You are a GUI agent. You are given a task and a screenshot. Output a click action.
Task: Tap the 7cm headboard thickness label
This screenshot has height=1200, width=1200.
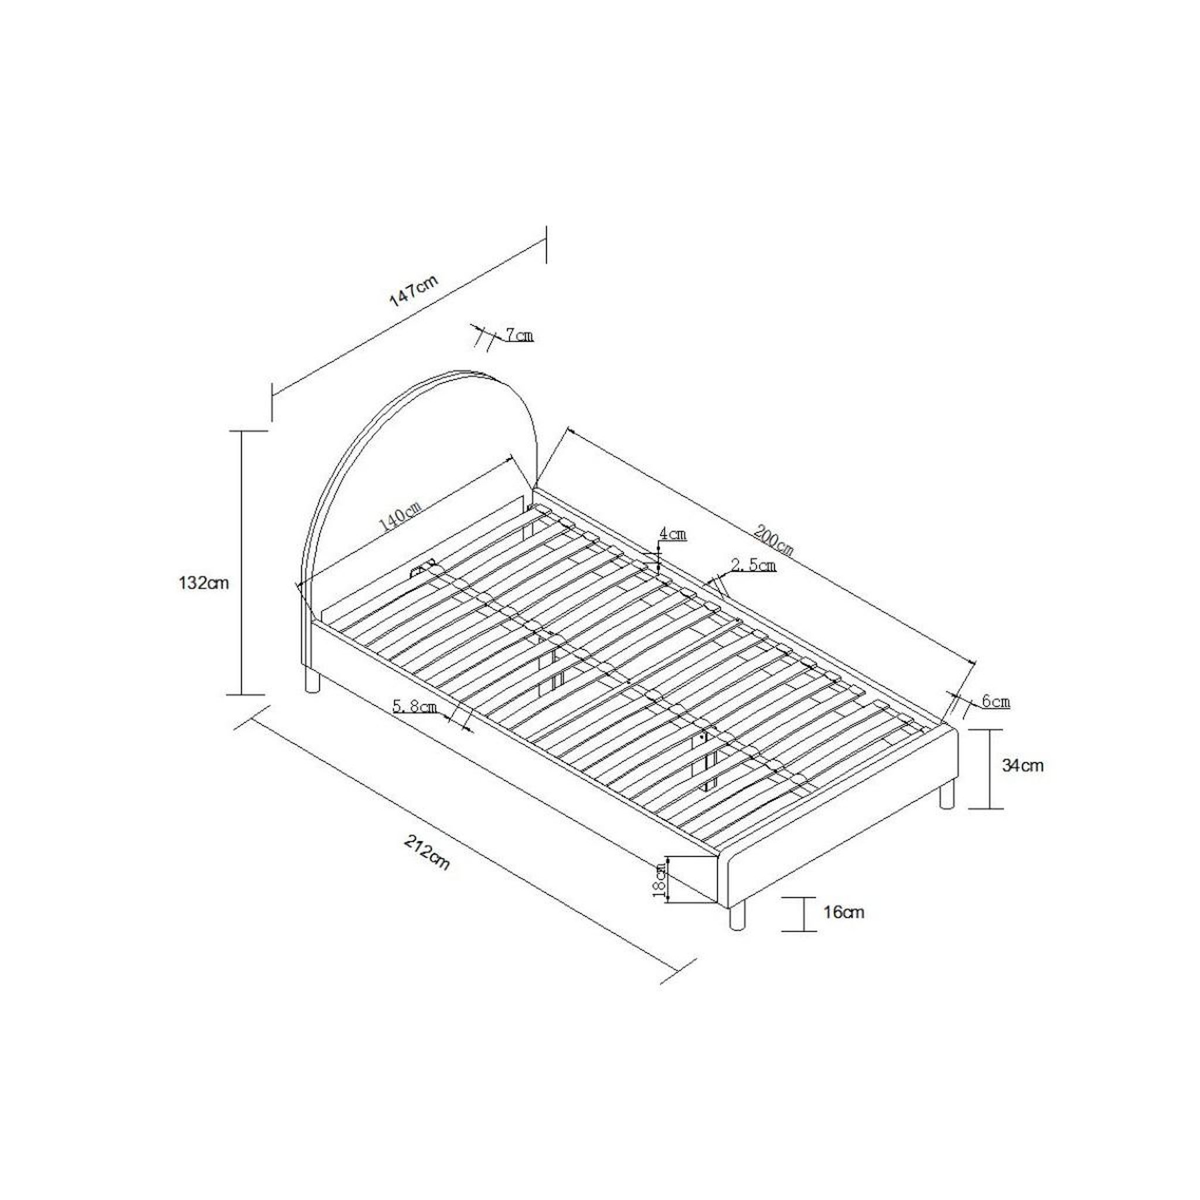click(519, 335)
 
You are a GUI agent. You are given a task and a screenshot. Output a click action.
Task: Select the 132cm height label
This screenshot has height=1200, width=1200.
click(204, 583)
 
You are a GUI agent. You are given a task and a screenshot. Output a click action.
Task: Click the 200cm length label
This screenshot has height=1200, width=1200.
click(774, 540)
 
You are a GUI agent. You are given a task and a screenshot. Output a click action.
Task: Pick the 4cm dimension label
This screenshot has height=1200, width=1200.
click(673, 533)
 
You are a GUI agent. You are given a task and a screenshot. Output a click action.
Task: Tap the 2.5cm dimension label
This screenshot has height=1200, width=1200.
click(754, 565)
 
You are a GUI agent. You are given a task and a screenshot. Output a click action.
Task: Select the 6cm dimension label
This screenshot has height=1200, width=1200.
click(996, 702)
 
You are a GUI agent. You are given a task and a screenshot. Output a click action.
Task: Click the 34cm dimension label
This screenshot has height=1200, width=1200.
click(1022, 766)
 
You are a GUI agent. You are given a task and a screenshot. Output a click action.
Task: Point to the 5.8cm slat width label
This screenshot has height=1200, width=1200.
click(415, 706)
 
